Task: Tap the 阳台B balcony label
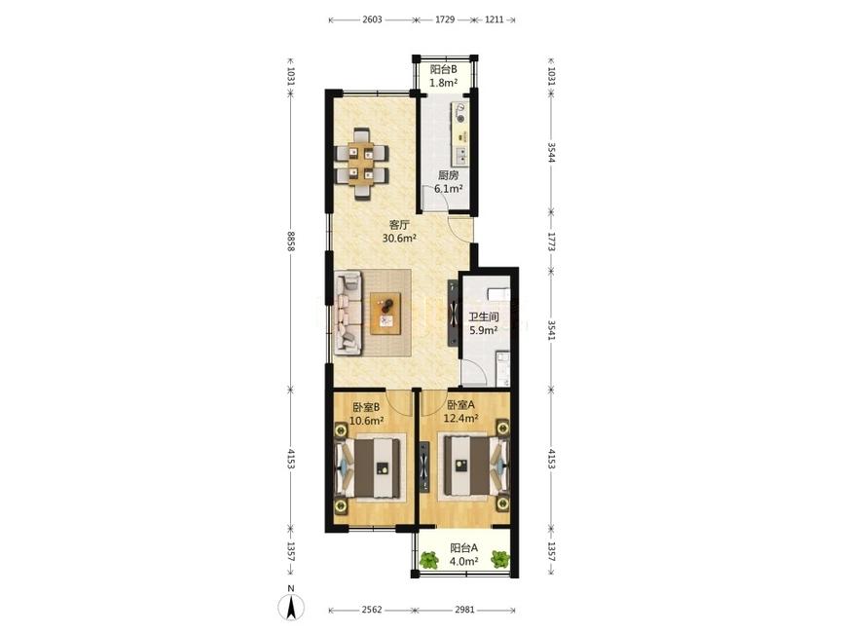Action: pyautogui.click(x=444, y=69)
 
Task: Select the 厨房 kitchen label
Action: pyautogui.click(x=448, y=175)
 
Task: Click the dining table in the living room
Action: pyautogui.click(x=361, y=165)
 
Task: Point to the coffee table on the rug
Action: pyautogui.click(x=385, y=314)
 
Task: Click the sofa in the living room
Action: pyautogui.click(x=348, y=313)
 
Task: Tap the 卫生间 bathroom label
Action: pyautogui.click(x=484, y=317)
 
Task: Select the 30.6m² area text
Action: pyautogui.click(x=399, y=238)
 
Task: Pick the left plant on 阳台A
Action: pyautogui.click(x=428, y=560)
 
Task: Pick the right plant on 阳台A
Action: pyautogui.click(x=500, y=560)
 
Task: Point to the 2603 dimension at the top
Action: pyautogui.click(x=372, y=19)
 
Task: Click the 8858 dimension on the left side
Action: pyautogui.click(x=291, y=242)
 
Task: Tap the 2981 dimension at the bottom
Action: pyautogui.click(x=464, y=610)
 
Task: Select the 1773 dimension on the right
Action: pyautogui.click(x=551, y=242)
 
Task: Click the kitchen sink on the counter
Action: pyautogui.click(x=461, y=155)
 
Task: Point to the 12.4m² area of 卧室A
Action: pyautogui.click(x=460, y=418)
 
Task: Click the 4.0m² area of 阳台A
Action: pyautogui.click(x=464, y=561)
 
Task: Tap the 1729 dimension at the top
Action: pyautogui.click(x=445, y=19)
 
